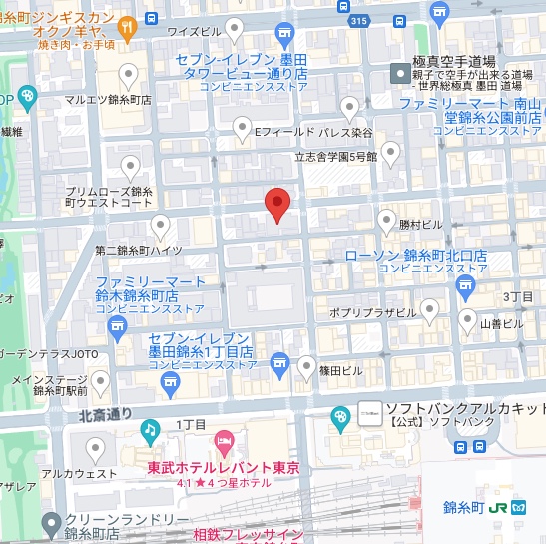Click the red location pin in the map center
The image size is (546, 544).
click(x=277, y=204)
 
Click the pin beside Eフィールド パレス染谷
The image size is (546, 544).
click(x=242, y=127)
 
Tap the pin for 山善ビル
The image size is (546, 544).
click(x=467, y=320)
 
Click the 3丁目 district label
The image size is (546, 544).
click(x=519, y=297)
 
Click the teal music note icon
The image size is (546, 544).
click(x=150, y=431)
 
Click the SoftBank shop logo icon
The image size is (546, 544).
click(x=369, y=410)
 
